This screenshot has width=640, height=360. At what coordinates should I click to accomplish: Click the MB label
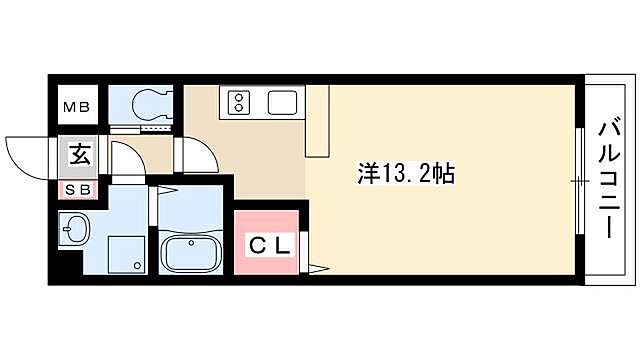(x=77, y=104)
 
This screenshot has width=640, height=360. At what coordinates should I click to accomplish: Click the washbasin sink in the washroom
(x=74, y=230)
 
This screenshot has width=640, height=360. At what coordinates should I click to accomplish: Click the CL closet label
(x=266, y=242)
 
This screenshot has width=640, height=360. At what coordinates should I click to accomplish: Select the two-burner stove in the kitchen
(x=241, y=100)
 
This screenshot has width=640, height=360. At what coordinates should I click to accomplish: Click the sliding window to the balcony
(x=578, y=180)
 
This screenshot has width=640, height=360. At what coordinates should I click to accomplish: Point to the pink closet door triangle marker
(x=316, y=267)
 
